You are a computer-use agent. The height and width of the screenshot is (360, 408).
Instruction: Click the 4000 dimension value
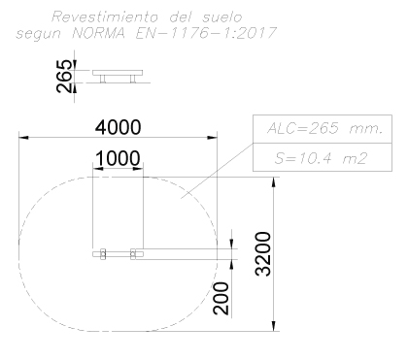(119, 127)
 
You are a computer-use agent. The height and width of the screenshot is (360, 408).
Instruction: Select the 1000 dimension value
(119, 158)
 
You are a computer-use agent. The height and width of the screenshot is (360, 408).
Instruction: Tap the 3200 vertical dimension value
(262, 254)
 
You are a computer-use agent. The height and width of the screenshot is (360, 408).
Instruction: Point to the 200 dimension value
(221, 298)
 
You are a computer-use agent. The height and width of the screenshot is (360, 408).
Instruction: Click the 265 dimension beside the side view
(64, 76)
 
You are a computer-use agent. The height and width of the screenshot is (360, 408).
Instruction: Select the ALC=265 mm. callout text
(324, 128)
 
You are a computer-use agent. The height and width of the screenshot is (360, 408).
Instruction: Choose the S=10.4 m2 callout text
(322, 158)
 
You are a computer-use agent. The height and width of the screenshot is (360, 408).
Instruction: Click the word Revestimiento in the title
(105, 16)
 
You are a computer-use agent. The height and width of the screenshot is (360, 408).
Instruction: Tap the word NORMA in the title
(98, 33)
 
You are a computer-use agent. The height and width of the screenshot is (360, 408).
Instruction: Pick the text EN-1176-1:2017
(206, 33)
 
